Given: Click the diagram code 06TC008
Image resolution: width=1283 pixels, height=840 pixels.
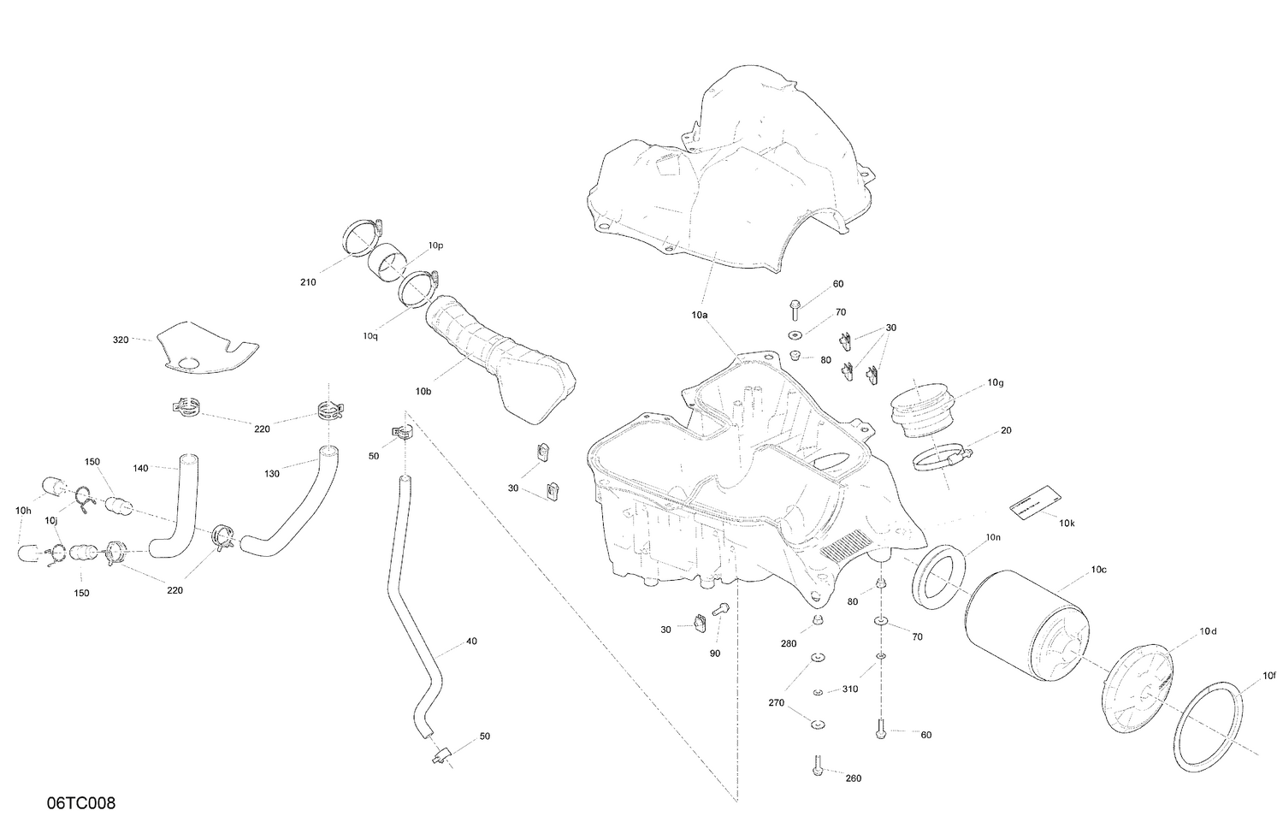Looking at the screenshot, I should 81,803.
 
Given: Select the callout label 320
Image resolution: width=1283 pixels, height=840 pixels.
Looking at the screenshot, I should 121,340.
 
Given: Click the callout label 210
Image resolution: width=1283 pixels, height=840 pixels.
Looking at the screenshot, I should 308,282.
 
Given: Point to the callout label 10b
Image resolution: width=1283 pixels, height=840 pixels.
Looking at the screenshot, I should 423,391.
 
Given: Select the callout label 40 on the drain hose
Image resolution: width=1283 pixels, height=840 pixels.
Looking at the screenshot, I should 471,641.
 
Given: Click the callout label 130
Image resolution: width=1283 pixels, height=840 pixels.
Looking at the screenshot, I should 272,473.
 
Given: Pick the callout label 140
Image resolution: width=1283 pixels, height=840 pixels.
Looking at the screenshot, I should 141,468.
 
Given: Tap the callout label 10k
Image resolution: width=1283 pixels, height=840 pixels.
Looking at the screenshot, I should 1067,523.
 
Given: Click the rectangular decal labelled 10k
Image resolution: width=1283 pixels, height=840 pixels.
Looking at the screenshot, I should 1034,501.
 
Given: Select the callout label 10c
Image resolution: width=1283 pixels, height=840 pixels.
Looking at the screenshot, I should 1098,569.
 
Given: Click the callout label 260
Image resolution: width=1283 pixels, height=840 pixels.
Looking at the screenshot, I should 853,778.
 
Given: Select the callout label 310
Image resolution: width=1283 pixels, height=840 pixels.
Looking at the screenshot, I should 849,689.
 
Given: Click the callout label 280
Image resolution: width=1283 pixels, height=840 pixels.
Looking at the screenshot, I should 788,643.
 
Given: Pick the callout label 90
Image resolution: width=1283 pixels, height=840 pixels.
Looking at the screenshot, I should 715,653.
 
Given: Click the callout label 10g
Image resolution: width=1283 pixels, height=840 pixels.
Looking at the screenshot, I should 995,382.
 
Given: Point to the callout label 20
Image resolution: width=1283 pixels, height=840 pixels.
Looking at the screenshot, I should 1006,430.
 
